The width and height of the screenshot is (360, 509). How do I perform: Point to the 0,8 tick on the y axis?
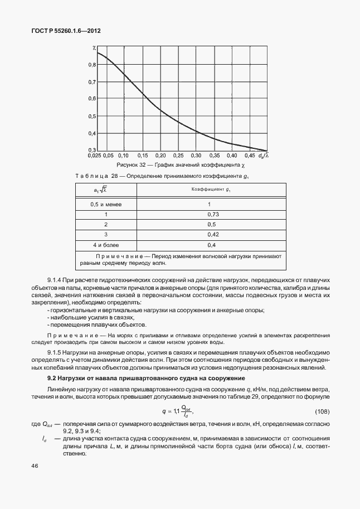pos(92,65)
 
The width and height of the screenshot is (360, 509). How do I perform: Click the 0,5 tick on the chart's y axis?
pos(92,116)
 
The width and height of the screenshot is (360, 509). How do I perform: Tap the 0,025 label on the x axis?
pos(95,156)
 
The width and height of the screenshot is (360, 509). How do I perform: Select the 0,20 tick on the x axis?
pos(160,156)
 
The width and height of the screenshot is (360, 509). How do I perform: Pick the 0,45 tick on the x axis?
pos(250,156)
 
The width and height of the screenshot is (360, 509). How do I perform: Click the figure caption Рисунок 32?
pos(130,166)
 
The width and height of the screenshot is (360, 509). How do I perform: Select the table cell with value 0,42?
pos(211,234)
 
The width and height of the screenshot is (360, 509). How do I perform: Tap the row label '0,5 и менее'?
pos(106,204)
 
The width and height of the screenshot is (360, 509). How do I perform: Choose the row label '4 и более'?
pos(106,245)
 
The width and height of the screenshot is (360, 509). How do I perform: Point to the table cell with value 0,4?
pos(211,245)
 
